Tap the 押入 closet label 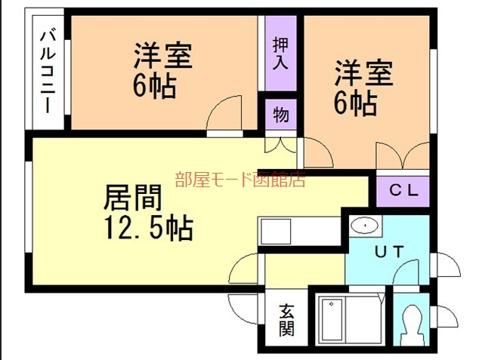(x=280, y=53)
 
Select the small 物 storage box (x=280, y=115)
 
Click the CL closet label (x=403, y=191)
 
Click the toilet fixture (x=412, y=322)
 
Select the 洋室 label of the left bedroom (x=162, y=55)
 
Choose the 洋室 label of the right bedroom (x=363, y=75)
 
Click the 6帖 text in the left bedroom (x=154, y=85)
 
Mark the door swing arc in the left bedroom (x=224, y=115)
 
